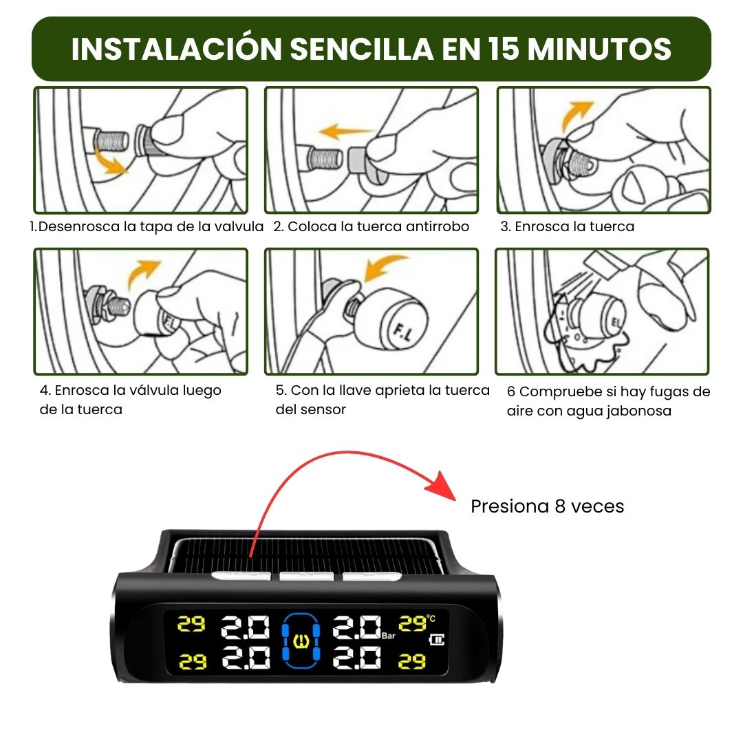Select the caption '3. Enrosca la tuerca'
click(x=567, y=226)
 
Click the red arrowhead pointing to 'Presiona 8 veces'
click(x=441, y=486)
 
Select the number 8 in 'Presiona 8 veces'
click(x=560, y=506)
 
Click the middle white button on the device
click(x=306, y=576)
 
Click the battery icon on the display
click(x=436, y=640)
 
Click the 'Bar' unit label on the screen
click(x=389, y=636)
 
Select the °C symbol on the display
click(x=431, y=618)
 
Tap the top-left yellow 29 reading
click(x=191, y=624)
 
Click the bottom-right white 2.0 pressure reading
click(x=357, y=658)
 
